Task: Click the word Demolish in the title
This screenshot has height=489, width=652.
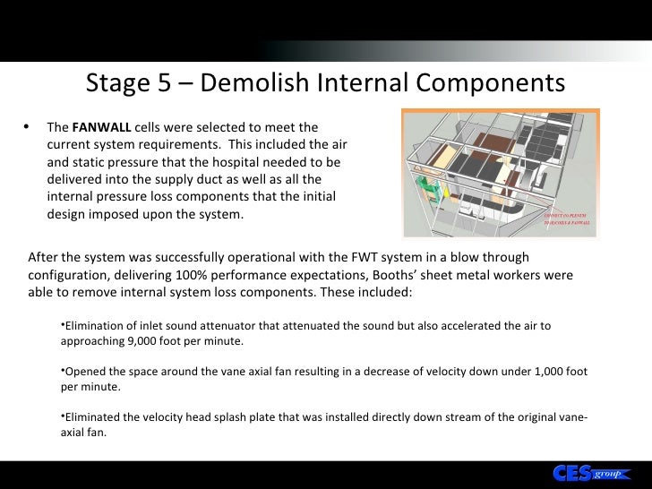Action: [244, 84]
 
